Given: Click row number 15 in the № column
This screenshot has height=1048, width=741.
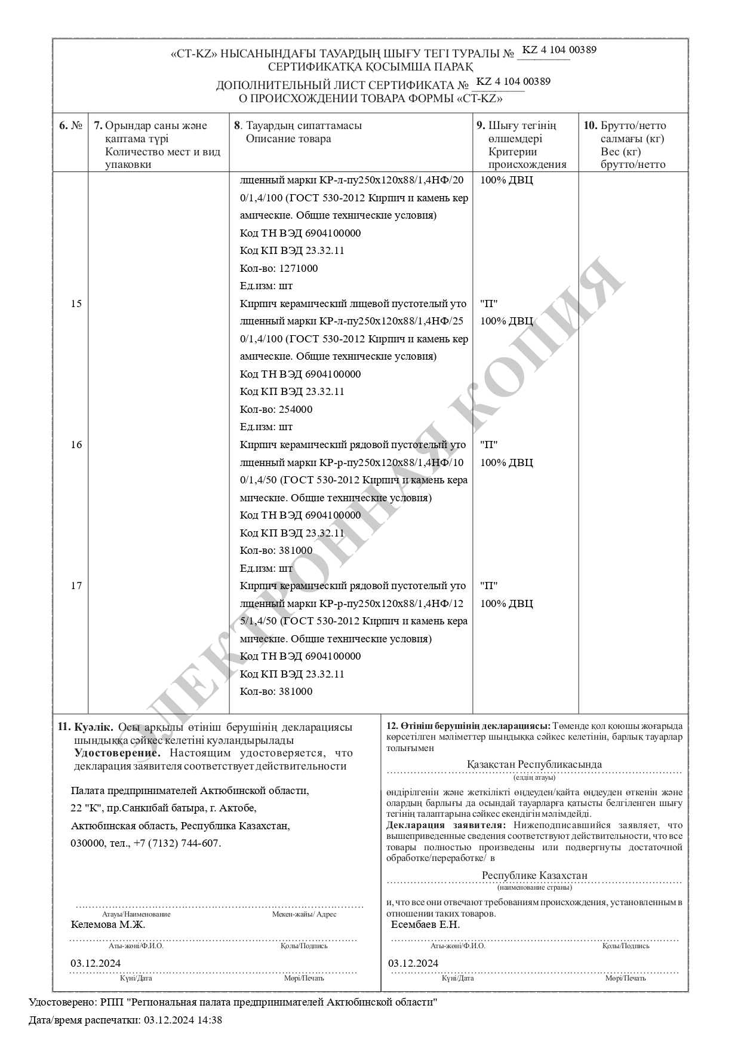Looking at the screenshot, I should coord(76,304).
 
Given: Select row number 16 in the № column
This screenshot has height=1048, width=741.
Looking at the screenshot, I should coord(76,445).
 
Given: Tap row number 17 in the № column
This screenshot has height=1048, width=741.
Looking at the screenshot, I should coord(76,586).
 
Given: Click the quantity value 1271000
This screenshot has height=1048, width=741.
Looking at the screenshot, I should coord(298,268).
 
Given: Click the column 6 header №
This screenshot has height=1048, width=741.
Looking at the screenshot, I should coord(70,125).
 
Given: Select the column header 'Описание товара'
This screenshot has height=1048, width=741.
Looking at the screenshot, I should coord(288,139).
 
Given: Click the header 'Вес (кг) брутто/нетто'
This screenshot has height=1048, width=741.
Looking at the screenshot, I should coord(632,158).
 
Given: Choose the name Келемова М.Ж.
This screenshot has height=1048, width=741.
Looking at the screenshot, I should coord(107,924).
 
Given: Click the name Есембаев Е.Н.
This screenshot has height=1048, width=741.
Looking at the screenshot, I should coord(425,924).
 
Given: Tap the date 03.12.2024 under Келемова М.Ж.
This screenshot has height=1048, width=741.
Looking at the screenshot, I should coord(96,963).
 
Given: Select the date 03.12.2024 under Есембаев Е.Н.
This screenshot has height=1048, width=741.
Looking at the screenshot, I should coord(413,963).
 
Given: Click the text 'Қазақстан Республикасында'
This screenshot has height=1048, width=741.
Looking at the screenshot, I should coord(534,764).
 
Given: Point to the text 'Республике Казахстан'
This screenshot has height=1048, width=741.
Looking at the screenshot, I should coord(534,875).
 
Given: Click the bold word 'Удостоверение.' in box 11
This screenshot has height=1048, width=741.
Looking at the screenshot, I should coord(117,753).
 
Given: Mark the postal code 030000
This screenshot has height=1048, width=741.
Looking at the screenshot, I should coord(87,843).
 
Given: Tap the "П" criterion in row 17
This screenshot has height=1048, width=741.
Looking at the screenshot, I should coord(489,586).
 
